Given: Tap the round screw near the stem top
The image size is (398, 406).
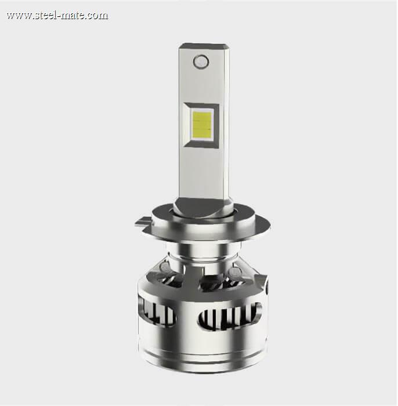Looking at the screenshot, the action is [201, 61].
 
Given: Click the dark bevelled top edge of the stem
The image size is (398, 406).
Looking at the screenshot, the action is [204, 46].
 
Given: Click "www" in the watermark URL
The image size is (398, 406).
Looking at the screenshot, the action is [19, 16].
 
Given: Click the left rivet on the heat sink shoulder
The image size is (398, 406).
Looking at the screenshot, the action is [164, 266].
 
